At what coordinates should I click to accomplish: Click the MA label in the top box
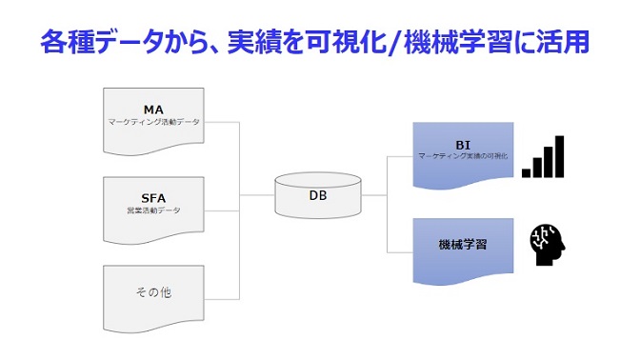coord(153,109)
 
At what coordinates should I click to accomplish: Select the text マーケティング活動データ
coord(153,122)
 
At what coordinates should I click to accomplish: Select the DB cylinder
coord(318,195)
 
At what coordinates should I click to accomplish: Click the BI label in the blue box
coord(463,143)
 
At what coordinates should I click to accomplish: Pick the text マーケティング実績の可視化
coord(463,155)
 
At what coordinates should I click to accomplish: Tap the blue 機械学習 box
coord(463,246)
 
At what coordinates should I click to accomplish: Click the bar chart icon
coord(543,156)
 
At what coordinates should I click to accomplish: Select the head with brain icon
coord(548,245)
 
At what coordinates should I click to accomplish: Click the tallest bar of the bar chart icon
coord(559,156)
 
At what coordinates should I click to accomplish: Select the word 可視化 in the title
coord(352,42)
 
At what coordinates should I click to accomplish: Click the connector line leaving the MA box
coord(224,122)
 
